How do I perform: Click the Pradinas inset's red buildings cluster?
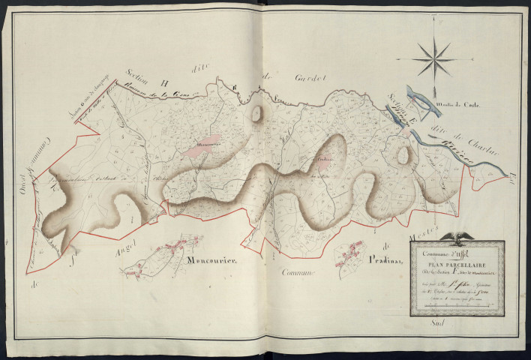[349, 256]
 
